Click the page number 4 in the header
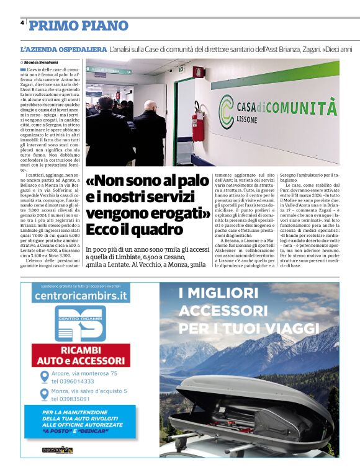tap(22, 22)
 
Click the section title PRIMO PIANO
tap(79, 25)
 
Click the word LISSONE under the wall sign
tap(252, 121)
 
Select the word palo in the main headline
tap(191, 180)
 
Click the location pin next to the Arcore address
tap(45, 377)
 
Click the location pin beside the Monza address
tap(45, 395)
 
